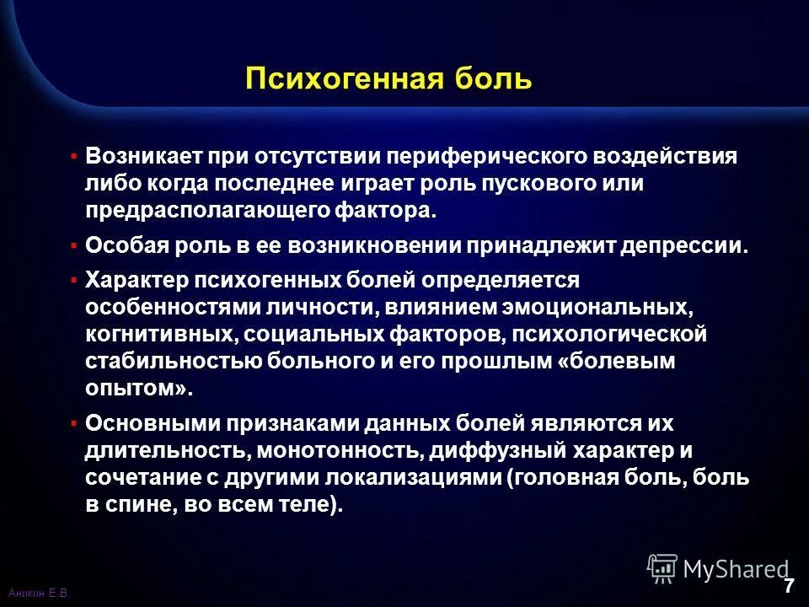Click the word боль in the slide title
point(496,79)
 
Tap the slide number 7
point(789,587)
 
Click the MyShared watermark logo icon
point(662,568)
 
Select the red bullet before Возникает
point(74,157)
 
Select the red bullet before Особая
point(74,246)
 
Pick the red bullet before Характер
point(74,278)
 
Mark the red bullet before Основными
point(74,422)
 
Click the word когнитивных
point(161,334)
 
